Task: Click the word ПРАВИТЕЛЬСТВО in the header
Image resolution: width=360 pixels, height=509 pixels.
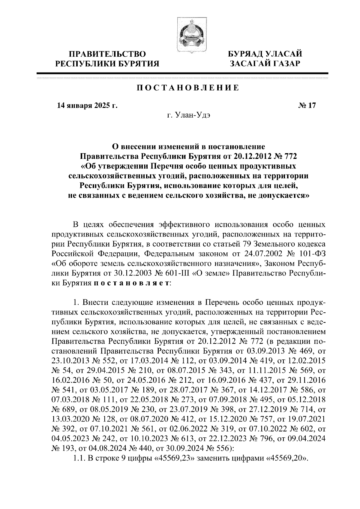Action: pyautogui.click(x=108, y=54)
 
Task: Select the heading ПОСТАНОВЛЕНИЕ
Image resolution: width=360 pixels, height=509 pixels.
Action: pyautogui.click(x=188, y=88)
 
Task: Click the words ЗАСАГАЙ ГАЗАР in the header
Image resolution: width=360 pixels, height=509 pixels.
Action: pyautogui.click(x=264, y=64)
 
